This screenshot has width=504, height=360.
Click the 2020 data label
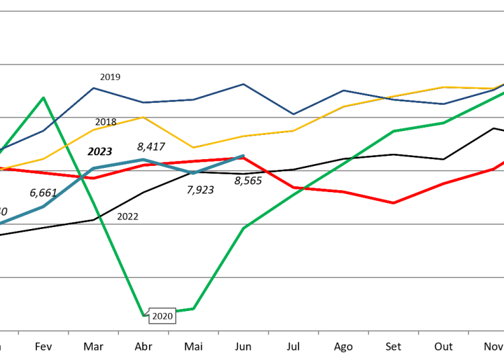pyautogui.click(x=162, y=316)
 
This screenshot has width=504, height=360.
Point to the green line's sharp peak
pyautogui.click(x=44, y=98)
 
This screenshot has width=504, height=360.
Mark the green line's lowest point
pyautogui.click(x=144, y=314)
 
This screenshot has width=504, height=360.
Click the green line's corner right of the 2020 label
pyautogui.click(x=194, y=308)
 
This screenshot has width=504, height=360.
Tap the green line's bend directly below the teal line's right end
pyautogui.click(x=244, y=228)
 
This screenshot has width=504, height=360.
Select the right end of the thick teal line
pyautogui.click(x=243, y=156)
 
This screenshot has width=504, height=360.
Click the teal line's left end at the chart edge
pyautogui.click(x=1, y=222)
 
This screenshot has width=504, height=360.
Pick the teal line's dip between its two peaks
pyautogui.click(x=194, y=173)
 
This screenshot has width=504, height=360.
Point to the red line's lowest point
pyautogui.click(x=393, y=203)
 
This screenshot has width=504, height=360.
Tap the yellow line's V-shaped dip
pyautogui.click(x=194, y=148)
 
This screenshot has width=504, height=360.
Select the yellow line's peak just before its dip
pyautogui.click(x=144, y=117)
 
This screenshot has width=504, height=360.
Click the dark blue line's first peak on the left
pyautogui.click(x=93, y=88)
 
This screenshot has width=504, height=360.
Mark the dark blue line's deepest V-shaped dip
pyautogui.click(x=293, y=114)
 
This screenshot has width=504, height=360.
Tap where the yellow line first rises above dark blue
pyautogui.click(x=384, y=98)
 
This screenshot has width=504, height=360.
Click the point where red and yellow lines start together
pyautogui.click(x=1, y=169)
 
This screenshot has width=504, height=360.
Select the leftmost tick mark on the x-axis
pyautogui.click(x=19, y=332)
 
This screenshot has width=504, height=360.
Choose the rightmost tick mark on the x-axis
pyautogui.click(x=468, y=332)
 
